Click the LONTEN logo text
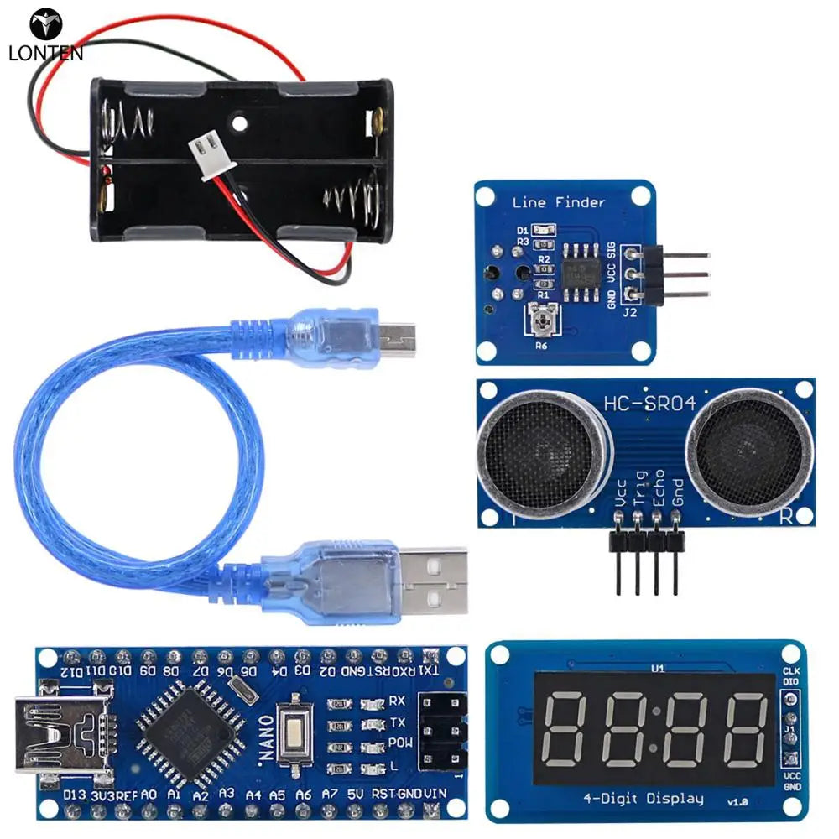(x=45, y=53)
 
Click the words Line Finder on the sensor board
(x=558, y=202)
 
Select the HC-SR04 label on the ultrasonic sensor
(x=649, y=404)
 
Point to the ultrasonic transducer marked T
(x=540, y=452)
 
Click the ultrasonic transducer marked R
(x=749, y=452)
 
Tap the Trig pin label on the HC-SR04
(x=639, y=489)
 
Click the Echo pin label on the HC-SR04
(x=659, y=489)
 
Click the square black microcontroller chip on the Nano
(x=185, y=724)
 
